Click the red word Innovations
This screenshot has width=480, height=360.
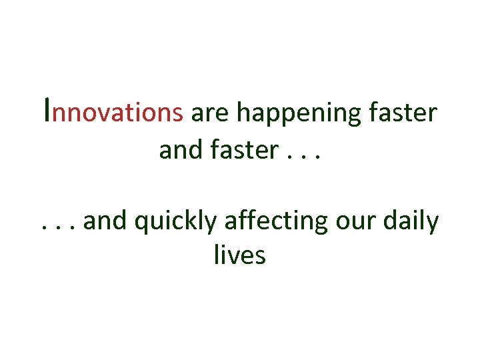(112, 112)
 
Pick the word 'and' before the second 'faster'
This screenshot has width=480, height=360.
(179, 150)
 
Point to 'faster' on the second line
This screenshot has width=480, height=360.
(238, 150)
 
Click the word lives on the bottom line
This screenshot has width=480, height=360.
(239, 255)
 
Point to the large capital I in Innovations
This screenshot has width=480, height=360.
(45, 109)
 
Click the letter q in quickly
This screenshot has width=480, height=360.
(141, 224)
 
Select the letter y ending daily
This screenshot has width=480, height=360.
(433, 224)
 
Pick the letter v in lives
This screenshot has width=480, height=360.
(234, 256)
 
